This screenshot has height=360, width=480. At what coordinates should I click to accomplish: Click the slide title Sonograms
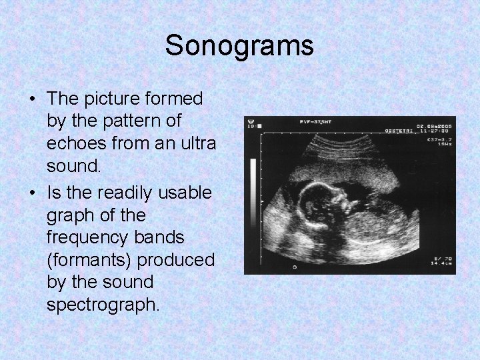point(239,46)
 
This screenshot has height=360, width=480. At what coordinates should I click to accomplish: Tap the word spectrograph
point(103,305)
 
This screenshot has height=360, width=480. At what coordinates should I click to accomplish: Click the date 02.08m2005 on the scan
point(434,126)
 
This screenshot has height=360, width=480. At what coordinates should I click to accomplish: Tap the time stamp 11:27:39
point(436,133)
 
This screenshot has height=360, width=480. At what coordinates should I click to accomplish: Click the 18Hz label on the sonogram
point(445,145)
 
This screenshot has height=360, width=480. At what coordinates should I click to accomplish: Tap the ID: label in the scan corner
point(252,123)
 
